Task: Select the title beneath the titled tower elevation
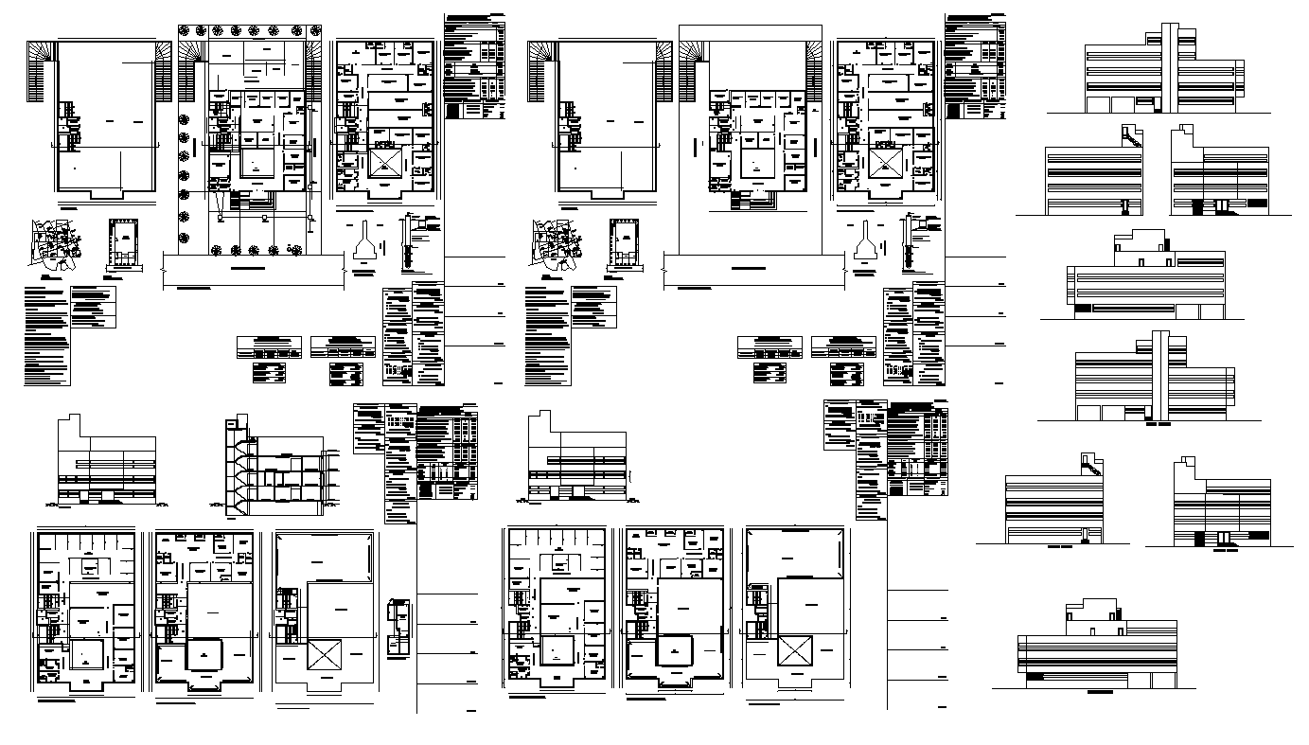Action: [1159, 425]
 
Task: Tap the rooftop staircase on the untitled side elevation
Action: [1129, 138]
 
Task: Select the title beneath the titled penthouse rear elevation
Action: [1099, 693]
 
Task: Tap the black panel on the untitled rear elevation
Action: [1080, 306]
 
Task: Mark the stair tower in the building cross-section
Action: [232, 469]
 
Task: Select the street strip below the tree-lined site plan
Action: [255, 269]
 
